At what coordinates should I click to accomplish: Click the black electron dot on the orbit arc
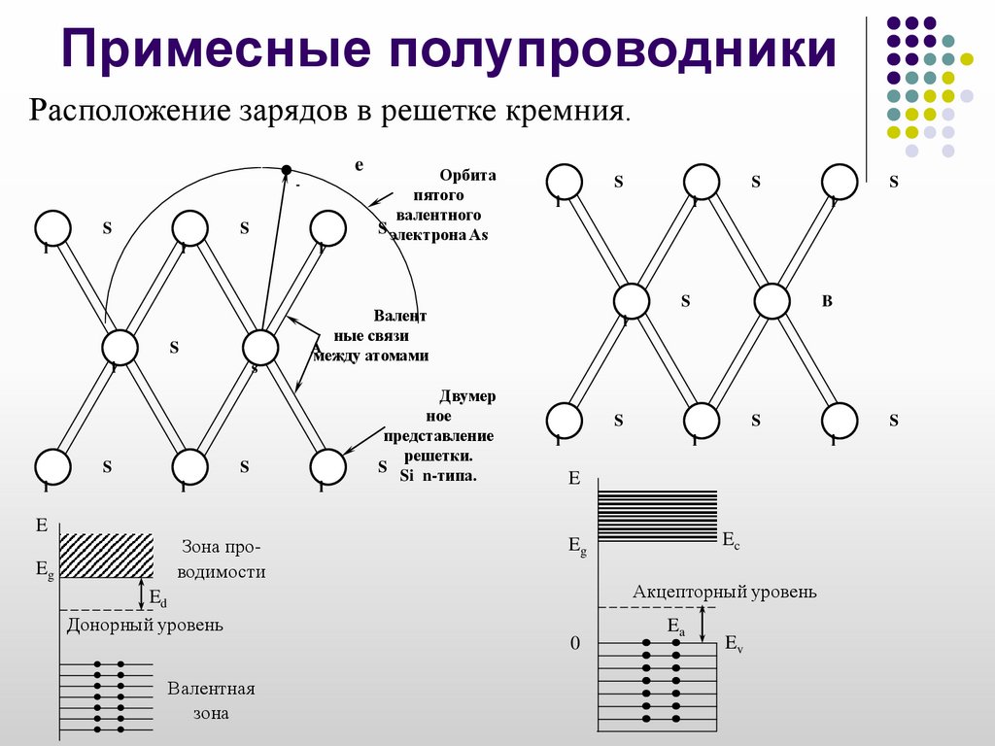coord(286,170)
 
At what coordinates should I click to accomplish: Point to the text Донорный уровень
coord(145,625)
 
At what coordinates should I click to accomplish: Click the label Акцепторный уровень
coord(725,591)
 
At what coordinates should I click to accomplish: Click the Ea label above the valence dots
coord(675,628)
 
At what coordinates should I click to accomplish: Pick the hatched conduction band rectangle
coord(107,555)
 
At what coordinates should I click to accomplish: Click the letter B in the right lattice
coord(827,301)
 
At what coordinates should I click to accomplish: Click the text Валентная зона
coord(211,700)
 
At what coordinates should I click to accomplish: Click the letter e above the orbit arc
coord(359,165)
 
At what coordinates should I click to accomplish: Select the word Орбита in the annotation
coord(467,176)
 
